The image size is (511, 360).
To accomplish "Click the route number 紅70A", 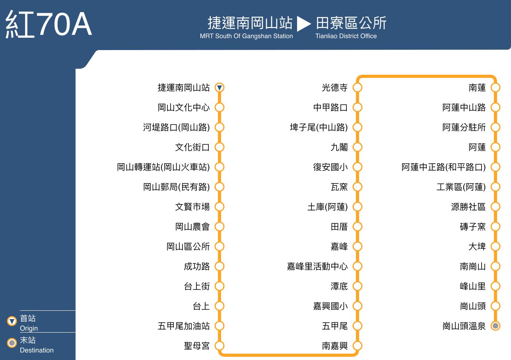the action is click(x=49, y=24).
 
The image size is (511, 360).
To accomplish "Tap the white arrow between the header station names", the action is click(x=304, y=24).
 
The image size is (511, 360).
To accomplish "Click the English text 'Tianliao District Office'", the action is click(x=346, y=36).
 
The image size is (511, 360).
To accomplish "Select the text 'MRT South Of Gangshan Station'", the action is click(x=247, y=36).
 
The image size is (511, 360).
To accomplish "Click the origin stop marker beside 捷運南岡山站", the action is click(x=220, y=87).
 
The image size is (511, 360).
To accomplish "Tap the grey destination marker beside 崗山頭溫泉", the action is click(x=495, y=326).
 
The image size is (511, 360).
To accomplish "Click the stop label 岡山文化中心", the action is click(x=184, y=107).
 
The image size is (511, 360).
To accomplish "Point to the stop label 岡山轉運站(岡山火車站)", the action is click(x=163, y=167).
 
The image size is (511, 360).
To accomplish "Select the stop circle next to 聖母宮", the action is click(x=220, y=346).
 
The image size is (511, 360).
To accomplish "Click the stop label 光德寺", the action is click(x=335, y=87).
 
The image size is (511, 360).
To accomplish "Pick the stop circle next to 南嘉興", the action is click(x=358, y=346).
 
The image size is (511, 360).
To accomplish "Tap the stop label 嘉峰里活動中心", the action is click(x=317, y=266).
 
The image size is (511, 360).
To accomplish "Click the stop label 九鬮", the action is click(x=339, y=147).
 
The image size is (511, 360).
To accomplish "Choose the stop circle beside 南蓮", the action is click(x=495, y=87).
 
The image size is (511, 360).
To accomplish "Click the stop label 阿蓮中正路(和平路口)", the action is click(x=444, y=167).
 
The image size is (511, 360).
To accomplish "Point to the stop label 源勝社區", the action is click(x=468, y=207).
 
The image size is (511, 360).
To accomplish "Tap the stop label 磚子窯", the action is click(x=473, y=226).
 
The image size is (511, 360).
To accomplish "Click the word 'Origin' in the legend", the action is click(x=29, y=328).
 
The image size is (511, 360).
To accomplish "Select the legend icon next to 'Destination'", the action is click(x=12, y=343).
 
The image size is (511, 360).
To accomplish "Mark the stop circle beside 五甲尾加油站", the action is click(x=220, y=326).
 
